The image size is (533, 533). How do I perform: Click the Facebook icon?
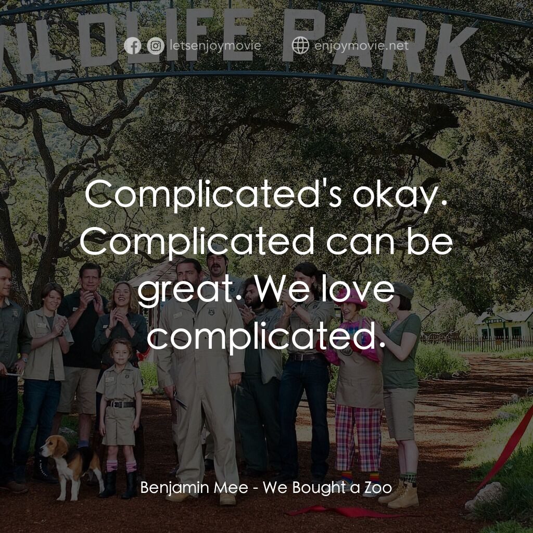133,46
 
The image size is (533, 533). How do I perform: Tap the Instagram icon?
155,46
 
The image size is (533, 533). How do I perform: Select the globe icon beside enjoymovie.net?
300,46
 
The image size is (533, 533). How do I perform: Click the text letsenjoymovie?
215,46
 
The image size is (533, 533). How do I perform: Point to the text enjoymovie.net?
362,46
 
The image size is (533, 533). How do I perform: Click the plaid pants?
358,437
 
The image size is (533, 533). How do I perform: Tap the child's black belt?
121,404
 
